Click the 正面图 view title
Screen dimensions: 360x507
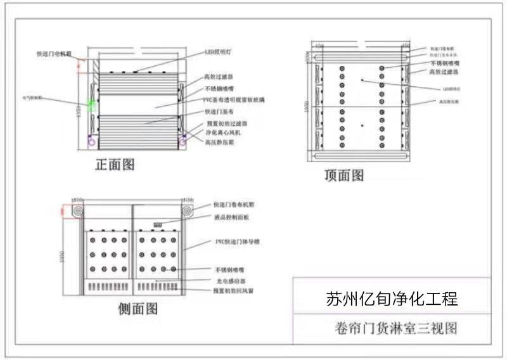pyautogui.click(x=115, y=165)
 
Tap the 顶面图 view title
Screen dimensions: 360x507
pyautogui.click(x=344, y=175)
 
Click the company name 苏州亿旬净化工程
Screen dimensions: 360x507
pyautogui.click(x=392, y=299)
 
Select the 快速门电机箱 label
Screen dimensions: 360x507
pyautogui.click(x=55, y=55)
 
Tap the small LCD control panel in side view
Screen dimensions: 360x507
pyautogui.click(x=158, y=223)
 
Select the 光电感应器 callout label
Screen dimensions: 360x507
pyautogui.click(x=229, y=280)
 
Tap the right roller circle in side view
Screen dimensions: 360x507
pyautogui.click(x=188, y=211)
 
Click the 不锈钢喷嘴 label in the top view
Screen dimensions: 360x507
pyautogui.click(x=445, y=64)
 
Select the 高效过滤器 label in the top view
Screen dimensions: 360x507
pyautogui.click(x=443, y=72)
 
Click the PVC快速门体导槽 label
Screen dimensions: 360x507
pyautogui.click(x=235, y=242)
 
